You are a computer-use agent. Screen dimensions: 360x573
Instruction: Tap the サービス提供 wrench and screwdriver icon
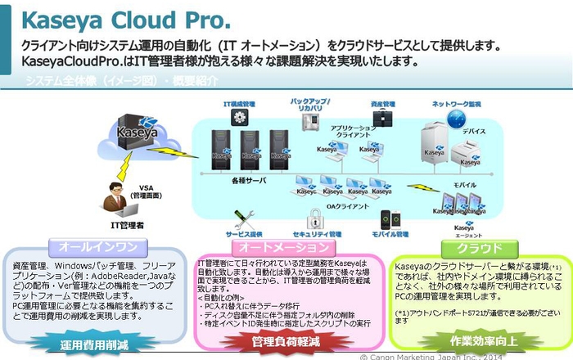(243, 218)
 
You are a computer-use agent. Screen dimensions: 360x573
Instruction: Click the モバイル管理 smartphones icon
(390, 219)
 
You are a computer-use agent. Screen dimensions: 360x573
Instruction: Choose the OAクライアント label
(343, 205)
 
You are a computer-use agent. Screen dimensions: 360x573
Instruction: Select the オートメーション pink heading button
(284, 246)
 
